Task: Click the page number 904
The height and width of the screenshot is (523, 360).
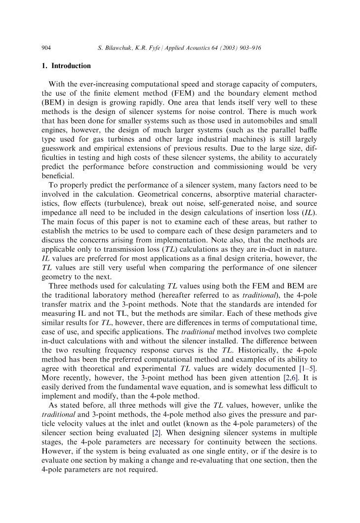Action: click(46, 48)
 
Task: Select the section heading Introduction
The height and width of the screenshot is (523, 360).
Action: click(71, 66)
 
